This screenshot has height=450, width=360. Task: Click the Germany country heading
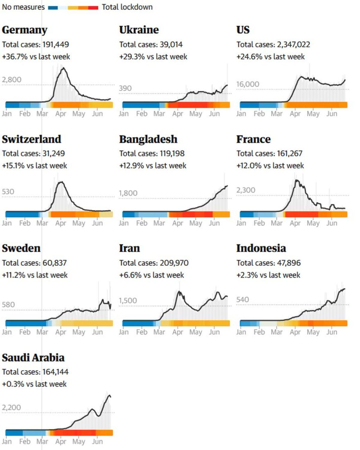(25, 30)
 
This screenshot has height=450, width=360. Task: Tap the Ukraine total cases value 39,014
(171, 45)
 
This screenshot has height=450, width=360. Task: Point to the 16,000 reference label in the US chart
(247, 84)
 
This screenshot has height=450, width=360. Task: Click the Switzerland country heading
(31, 139)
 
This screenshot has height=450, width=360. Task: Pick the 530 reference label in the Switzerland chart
(8, 192)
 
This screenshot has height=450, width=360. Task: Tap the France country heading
(253, 139)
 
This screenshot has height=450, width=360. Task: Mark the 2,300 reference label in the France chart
(246, 190)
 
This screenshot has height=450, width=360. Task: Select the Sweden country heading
(21, 248)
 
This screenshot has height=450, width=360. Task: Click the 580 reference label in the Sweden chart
(8, 305)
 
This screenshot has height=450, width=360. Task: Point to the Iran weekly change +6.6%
(130, 275)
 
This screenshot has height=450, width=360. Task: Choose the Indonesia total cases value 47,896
(289, 263)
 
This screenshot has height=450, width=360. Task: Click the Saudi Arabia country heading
(33, 358)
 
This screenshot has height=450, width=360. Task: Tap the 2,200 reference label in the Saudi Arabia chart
(11, 407)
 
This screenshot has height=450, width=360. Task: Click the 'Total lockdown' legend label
(127, 7)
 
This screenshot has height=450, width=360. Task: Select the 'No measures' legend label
(23, 7)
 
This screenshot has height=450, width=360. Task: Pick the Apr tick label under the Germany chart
(61, 114)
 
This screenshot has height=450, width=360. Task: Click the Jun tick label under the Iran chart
(214, 332)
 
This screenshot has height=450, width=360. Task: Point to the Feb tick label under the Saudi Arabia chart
(25, 441)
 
